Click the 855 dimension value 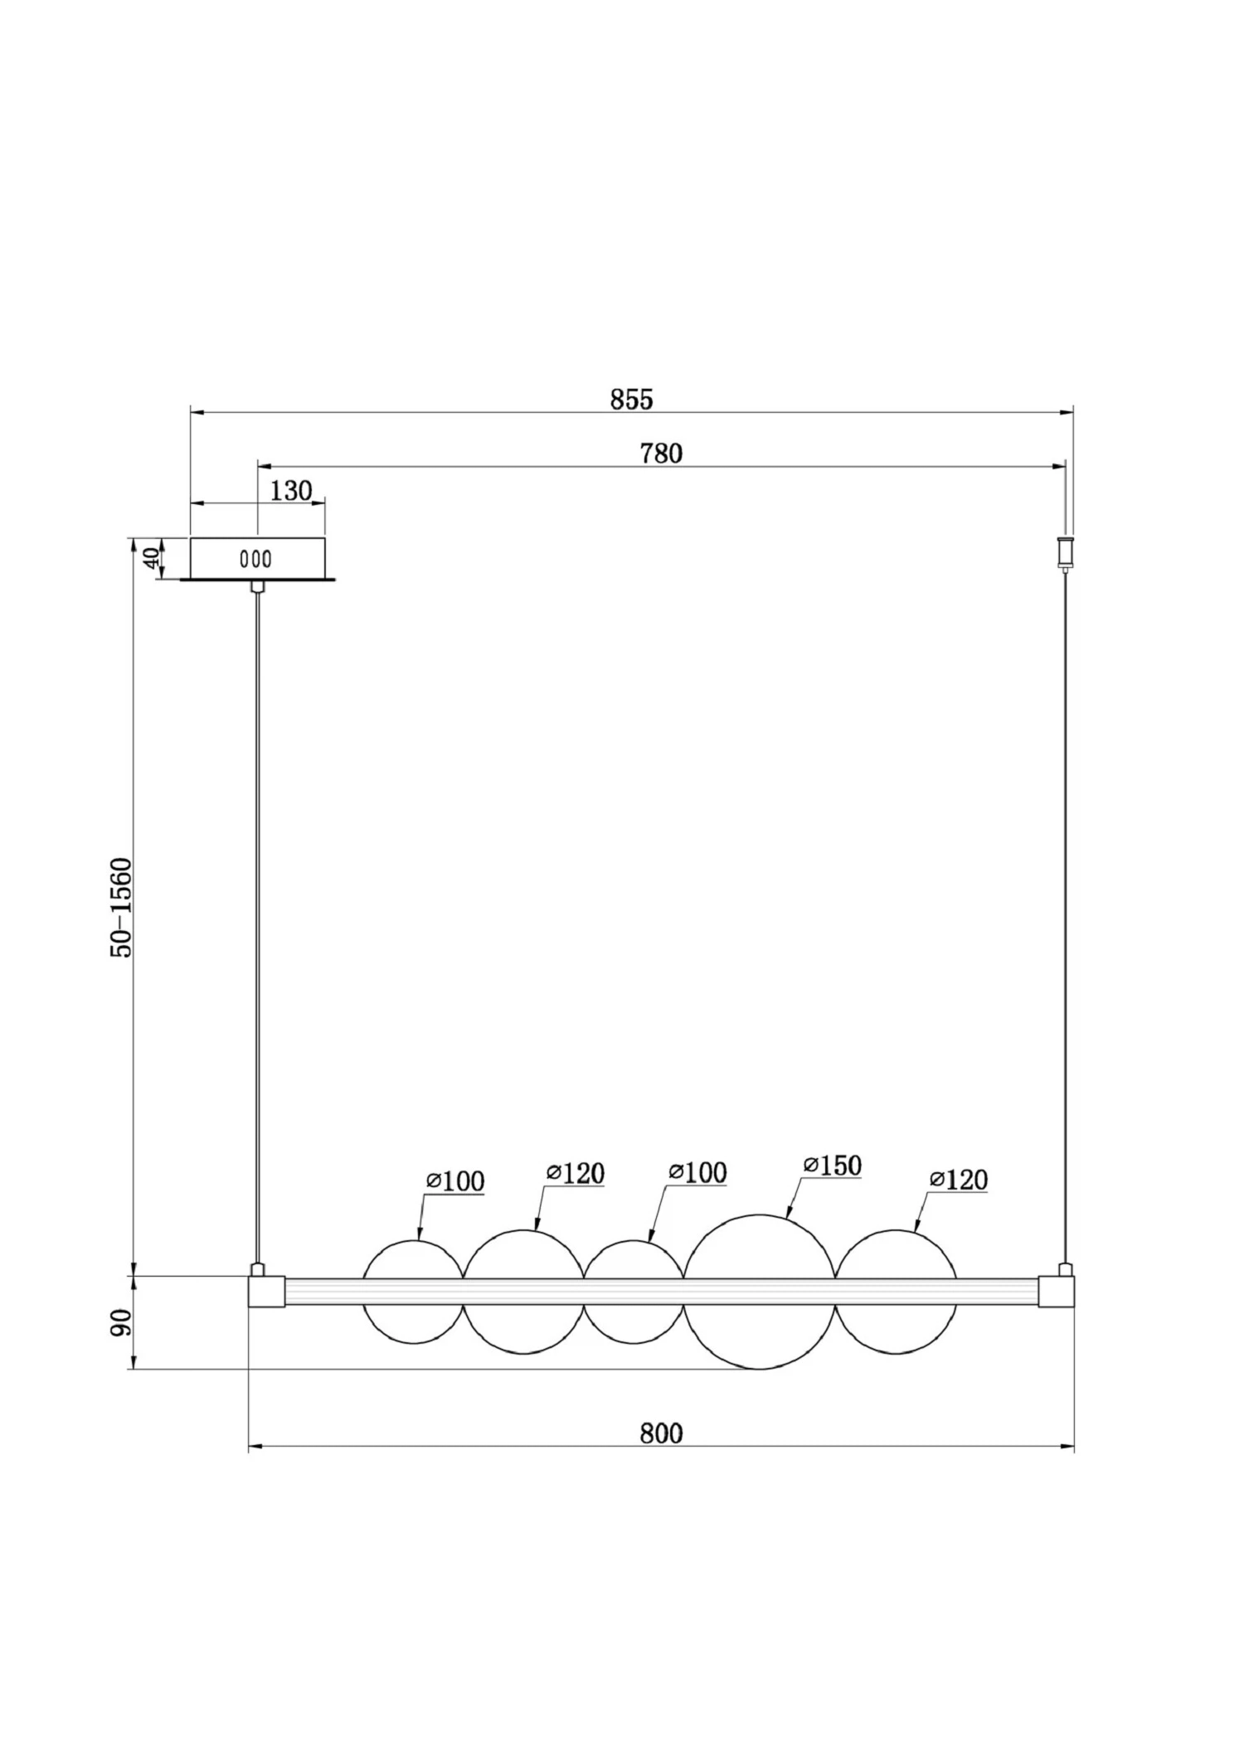[632, 400]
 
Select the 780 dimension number [661, 454]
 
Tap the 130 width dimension [291, 491]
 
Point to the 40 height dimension [151, 558]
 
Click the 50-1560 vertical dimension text [122, 909]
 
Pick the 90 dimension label [121, 1323]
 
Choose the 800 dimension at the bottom [661, 1433]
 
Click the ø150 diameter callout [833, 1165]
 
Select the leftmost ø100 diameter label [455, 1181]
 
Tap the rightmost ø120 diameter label [959, 1179]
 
